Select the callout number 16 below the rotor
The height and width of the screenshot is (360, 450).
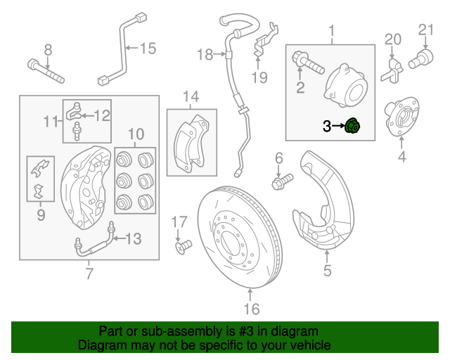[x=251, y=309]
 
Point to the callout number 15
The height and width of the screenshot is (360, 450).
[x=147, y=49]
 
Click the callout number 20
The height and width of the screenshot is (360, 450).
[x=392, y=39]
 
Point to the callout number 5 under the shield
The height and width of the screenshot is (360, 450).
[x=327, y=269]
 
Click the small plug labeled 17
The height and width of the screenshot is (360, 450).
[x=184, y=247]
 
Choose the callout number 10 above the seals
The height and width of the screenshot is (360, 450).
[x=136, y=133]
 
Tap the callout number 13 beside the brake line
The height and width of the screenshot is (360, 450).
[x=133, y=239]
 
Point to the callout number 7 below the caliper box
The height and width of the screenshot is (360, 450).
[x=89, y=274]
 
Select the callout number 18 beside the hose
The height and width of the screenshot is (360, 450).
[x=205, y=54]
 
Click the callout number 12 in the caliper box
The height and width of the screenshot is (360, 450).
[x=102, y=115]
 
